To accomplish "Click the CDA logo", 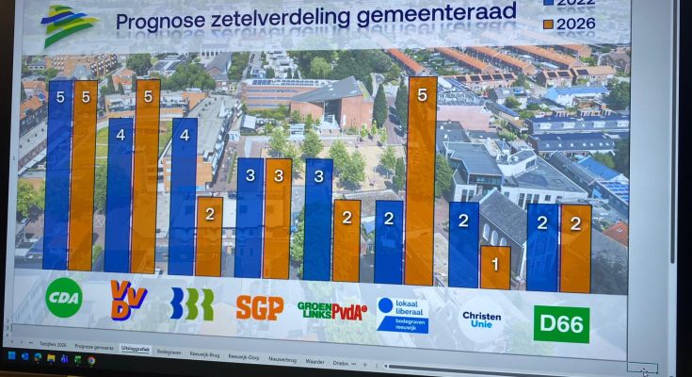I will pos(64,298).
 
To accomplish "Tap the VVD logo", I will pos(128,300).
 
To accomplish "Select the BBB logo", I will pos(192,303).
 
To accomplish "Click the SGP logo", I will pos(260,307).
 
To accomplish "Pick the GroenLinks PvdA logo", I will pos(331,310).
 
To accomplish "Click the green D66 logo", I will pos(561,324).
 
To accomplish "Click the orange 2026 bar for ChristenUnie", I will pos(495,268).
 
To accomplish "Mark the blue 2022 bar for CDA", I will pos(57,175).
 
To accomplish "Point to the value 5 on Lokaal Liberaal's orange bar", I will pos(422,95).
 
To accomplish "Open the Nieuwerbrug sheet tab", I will pos(282,359).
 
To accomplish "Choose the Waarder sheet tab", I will pos(314,360).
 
